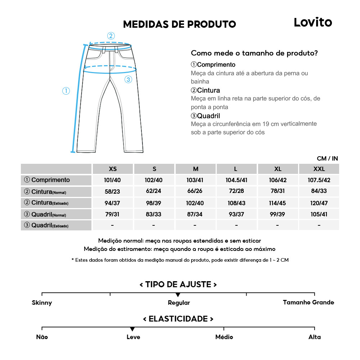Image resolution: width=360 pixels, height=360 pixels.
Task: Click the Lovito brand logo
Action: pyautogui.click(x=312, y=22)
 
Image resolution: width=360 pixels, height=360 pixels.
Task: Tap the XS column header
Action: pyautogui.click(x=113, y=169)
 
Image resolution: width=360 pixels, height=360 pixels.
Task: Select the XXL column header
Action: pyautogui.click(x=319, y=169)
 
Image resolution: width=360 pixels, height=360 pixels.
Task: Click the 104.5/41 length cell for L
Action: pyautogui.click(x=236, y=180)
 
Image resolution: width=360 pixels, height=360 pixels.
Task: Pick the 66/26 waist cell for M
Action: pyautogui.click(x=195, y=191)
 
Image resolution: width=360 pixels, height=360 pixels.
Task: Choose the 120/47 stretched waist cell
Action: pyautogui.click(x=319, y=203)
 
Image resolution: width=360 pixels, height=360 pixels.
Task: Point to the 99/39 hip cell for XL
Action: pyautogui.click(x=278, y=215)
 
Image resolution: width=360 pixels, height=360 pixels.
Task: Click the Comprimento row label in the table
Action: pyautogui.click(x=47, y=180)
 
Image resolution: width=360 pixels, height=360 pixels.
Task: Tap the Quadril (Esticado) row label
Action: pyautogui.click(x=46, y=226)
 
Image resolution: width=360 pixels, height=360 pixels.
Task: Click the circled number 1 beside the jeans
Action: pyautogui.click(x=66, y=91)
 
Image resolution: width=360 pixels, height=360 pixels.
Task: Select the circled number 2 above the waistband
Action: pyautogui.click(x=111, y=36)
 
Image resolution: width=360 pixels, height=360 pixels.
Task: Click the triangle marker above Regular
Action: pyautogui.click(x=178, y=295)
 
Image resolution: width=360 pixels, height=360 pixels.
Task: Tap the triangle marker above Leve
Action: pyautogui.click(x=132, y=329)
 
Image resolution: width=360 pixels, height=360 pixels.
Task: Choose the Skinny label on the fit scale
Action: pyautogui.click(x=42, y=303)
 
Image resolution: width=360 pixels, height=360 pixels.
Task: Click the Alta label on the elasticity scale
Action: pyautogui.click(x=314, y=337)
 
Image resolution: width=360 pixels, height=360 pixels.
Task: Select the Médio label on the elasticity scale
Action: pyautogui.click(x=224, y=337)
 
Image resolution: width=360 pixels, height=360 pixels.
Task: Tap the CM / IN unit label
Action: pyautogui.click(x=327, y=158)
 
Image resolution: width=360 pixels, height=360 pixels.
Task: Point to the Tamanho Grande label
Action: pyautogui.click(x=309, y=302)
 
